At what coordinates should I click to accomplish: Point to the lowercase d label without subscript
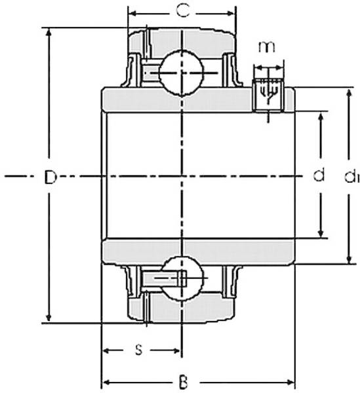click(x=319, y=176)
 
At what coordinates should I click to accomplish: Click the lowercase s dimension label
click(x=138, y=350)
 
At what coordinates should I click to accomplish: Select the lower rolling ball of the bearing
click(x=180, y=278)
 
